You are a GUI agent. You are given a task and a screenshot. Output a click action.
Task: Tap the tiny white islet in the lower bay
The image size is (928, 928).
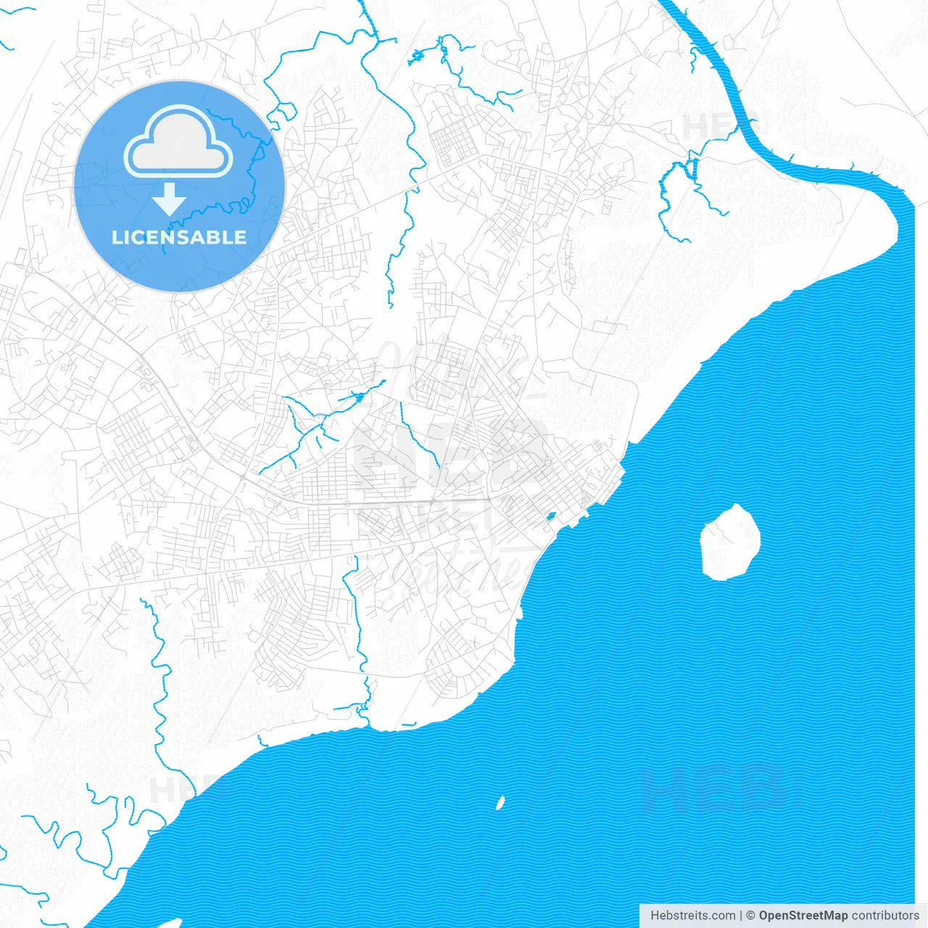coord(500,803)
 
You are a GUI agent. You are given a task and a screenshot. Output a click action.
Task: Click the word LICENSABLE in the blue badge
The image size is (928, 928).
coord(179,237)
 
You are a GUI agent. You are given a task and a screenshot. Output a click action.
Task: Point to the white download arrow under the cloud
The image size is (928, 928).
coord(169,199)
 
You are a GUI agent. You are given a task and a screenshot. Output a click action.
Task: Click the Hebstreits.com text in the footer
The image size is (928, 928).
coord(692,916)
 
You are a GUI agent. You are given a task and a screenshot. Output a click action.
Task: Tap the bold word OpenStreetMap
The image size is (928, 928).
coord(803,916)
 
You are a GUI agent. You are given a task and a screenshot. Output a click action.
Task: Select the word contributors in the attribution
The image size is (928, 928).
coord(884,916)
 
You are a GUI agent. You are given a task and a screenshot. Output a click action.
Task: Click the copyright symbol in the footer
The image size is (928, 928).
coord(751,916)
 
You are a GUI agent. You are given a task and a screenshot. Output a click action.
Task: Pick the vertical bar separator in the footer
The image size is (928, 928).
coord(741,916)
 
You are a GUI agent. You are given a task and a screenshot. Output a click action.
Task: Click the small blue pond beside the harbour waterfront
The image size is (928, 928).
coord(550,517)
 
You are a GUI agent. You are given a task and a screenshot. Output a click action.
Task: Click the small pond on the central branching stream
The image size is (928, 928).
coord(357,397)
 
